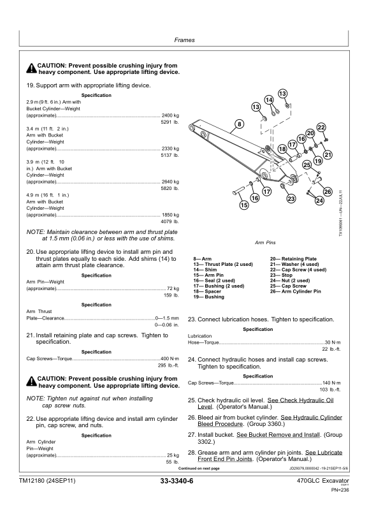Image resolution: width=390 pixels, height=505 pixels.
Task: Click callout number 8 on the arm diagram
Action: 240,123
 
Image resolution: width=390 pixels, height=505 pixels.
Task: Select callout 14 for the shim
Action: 269,100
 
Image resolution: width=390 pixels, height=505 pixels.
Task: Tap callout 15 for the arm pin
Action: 244,205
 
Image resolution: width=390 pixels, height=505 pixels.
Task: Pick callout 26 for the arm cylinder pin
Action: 327,192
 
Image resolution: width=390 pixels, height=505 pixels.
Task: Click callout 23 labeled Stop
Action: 291,200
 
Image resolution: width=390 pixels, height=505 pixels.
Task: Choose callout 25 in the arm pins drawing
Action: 307,165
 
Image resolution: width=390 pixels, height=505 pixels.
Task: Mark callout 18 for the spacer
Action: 282,149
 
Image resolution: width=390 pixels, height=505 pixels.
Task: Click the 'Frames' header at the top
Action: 194,40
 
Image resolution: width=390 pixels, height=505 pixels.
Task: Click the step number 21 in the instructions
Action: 30,335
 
